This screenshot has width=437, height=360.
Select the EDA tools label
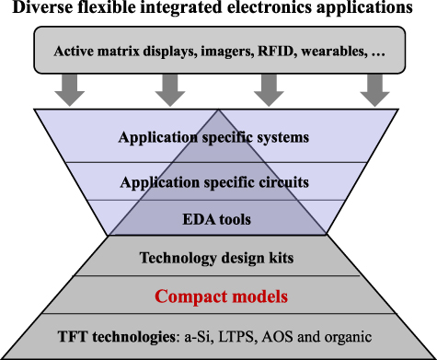pyautogui.click(x=218, y=220)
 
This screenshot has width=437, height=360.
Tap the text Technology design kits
pyautogui.click(x=218, y=259)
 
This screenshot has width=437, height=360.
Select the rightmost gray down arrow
pyautogui.click(x=373, y=88)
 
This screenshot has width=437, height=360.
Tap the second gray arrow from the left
pyautogui.click(x=170, y=88)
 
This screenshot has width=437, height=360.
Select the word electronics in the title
pyautogui.click(x=269, y=9)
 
